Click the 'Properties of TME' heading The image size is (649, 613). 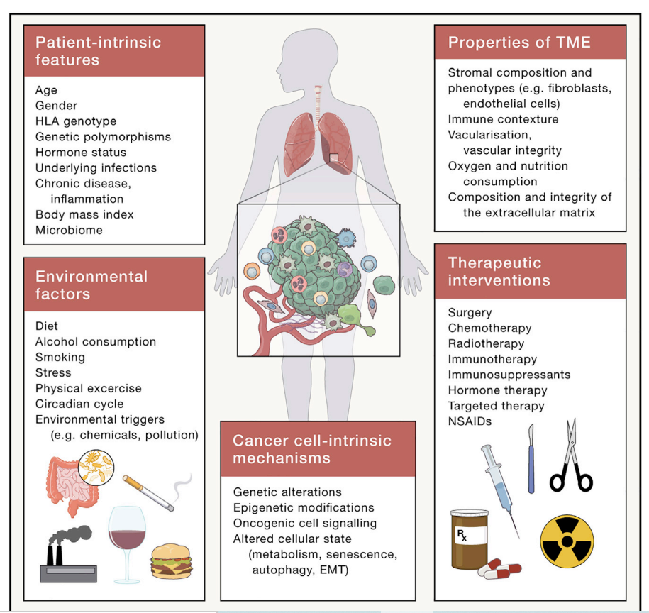point(519,43)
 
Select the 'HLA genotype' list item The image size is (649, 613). point(76,121)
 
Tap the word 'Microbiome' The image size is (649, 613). point(69,230)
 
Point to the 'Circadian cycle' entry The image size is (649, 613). point(79,404)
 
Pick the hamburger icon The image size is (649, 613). point(172,561)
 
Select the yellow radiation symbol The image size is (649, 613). point(567,541)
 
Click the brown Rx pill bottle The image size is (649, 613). point(470,539)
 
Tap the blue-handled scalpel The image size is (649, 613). point(531,458)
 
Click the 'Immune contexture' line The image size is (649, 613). point(503,119)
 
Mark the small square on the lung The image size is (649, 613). point(333,158)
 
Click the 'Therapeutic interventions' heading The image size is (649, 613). point(499,272)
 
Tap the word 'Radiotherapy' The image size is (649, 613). point(486,344)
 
